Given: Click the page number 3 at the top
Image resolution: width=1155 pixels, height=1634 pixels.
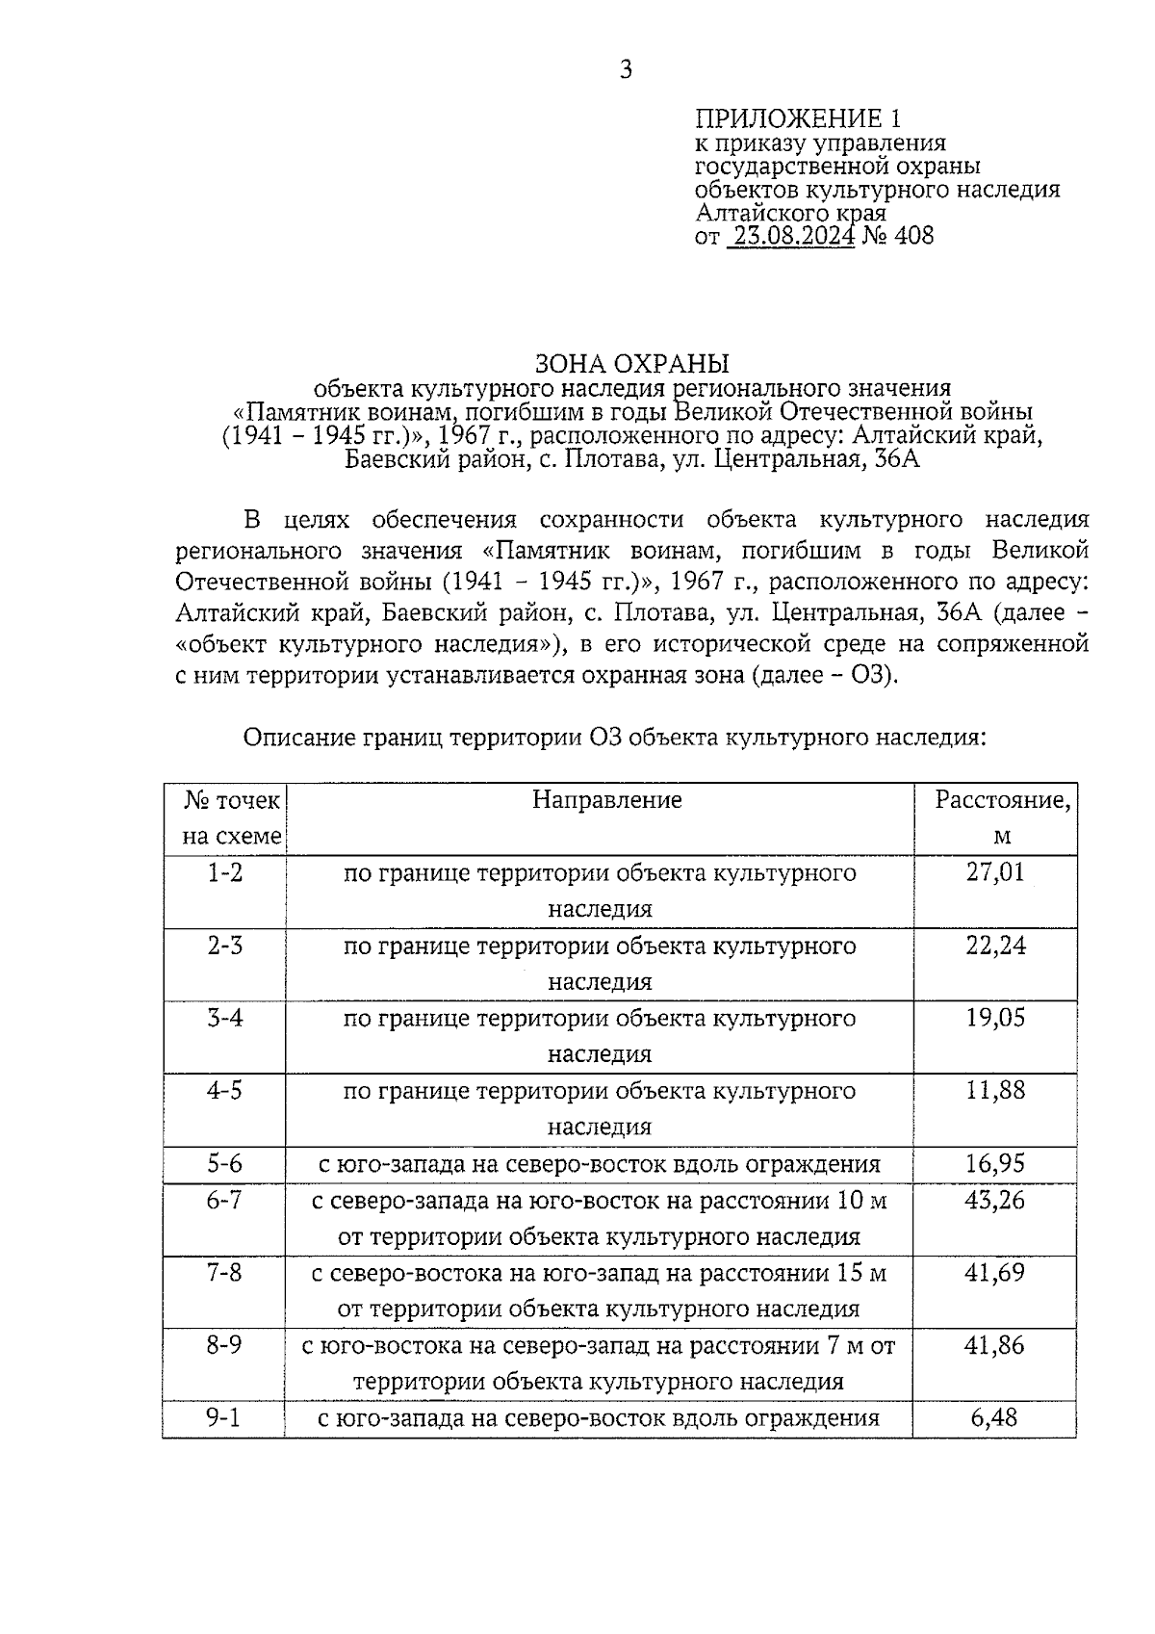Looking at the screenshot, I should [626, 69].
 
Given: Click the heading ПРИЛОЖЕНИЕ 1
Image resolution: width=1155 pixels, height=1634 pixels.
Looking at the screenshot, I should [799, 119].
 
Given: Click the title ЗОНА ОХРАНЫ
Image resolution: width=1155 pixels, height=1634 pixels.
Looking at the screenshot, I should [632, 364].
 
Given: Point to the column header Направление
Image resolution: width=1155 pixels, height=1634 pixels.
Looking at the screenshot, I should [607, 800].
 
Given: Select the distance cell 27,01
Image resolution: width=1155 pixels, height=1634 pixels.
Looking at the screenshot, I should [995, 873].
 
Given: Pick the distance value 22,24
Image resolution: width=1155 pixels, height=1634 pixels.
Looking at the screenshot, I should [995, 946].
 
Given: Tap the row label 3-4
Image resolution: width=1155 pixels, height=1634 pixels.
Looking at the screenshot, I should [225, 1018].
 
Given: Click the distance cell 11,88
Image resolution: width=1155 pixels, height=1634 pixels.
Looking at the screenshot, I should [995, 1091].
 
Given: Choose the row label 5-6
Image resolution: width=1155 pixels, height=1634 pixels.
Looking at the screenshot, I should [225, 1164].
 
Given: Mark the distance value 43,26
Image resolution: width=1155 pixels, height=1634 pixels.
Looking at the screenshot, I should [995, 1200].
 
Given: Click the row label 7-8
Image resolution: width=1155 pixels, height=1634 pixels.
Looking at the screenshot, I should [225, 1273].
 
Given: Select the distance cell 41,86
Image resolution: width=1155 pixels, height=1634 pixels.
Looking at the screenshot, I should [995, 1345].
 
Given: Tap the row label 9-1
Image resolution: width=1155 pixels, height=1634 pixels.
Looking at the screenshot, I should [225, 1418].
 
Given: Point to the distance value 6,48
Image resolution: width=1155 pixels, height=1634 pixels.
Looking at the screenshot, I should [995, 1418].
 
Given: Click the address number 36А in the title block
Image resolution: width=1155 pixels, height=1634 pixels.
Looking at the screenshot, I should [895, 459].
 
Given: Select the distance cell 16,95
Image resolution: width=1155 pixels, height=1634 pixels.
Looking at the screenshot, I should [995, 1164].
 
